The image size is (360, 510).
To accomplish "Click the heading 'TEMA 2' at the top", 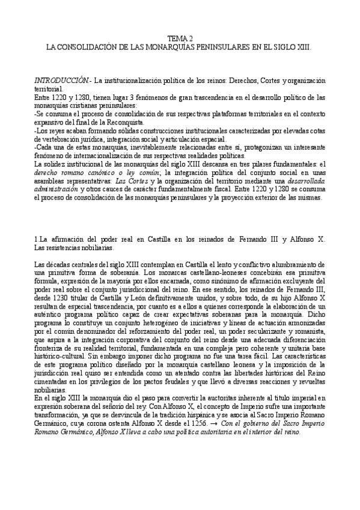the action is tap(180, 38).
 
